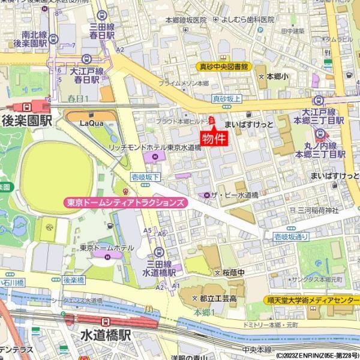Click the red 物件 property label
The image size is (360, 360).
pos(214,139)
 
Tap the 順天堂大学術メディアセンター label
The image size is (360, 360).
pos(311,299)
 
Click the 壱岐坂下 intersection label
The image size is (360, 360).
pos(145,176)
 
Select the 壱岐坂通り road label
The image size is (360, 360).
pos(291,237)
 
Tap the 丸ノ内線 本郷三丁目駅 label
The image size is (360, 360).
pos(323,149)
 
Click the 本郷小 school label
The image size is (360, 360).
pos(277,76)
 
